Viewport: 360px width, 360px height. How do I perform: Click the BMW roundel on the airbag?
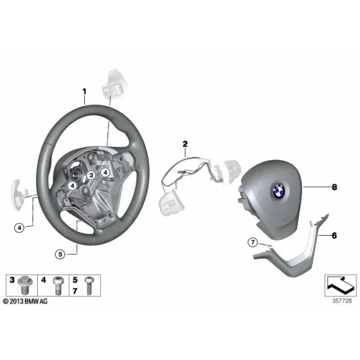278,191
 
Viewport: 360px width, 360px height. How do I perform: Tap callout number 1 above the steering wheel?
85,92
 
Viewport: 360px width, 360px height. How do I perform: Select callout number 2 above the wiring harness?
185,144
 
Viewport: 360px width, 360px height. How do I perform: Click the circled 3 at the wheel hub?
91,175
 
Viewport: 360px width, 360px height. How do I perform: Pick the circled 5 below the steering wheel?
60,254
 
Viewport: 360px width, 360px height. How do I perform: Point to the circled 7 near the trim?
253,242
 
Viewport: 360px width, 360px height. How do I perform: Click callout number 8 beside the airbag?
335,187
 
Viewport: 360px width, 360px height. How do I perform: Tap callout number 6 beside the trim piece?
334,236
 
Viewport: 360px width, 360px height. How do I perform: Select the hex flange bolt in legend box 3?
25,285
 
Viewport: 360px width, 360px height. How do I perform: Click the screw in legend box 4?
58,286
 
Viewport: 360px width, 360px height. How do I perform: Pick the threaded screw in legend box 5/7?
89,286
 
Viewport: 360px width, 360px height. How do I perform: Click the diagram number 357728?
342,301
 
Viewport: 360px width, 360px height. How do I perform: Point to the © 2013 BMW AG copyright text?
25,301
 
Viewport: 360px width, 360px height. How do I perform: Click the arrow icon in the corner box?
340,285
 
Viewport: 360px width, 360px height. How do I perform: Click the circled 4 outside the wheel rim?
19,228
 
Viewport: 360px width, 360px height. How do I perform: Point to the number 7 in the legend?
75,291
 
